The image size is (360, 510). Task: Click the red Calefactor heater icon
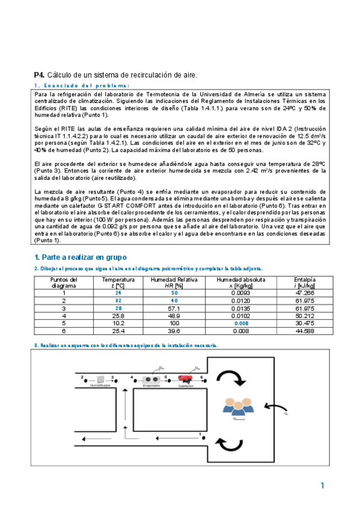[185, 379]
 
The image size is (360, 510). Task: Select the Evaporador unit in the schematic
[151, 379]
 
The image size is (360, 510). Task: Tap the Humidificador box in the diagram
[100, 379]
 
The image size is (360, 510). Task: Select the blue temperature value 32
[118, 300]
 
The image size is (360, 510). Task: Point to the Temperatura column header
[118, 280]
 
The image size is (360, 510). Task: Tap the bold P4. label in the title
[39, 75]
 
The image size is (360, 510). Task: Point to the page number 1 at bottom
[323, 485]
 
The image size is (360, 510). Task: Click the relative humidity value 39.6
[174, 330]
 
